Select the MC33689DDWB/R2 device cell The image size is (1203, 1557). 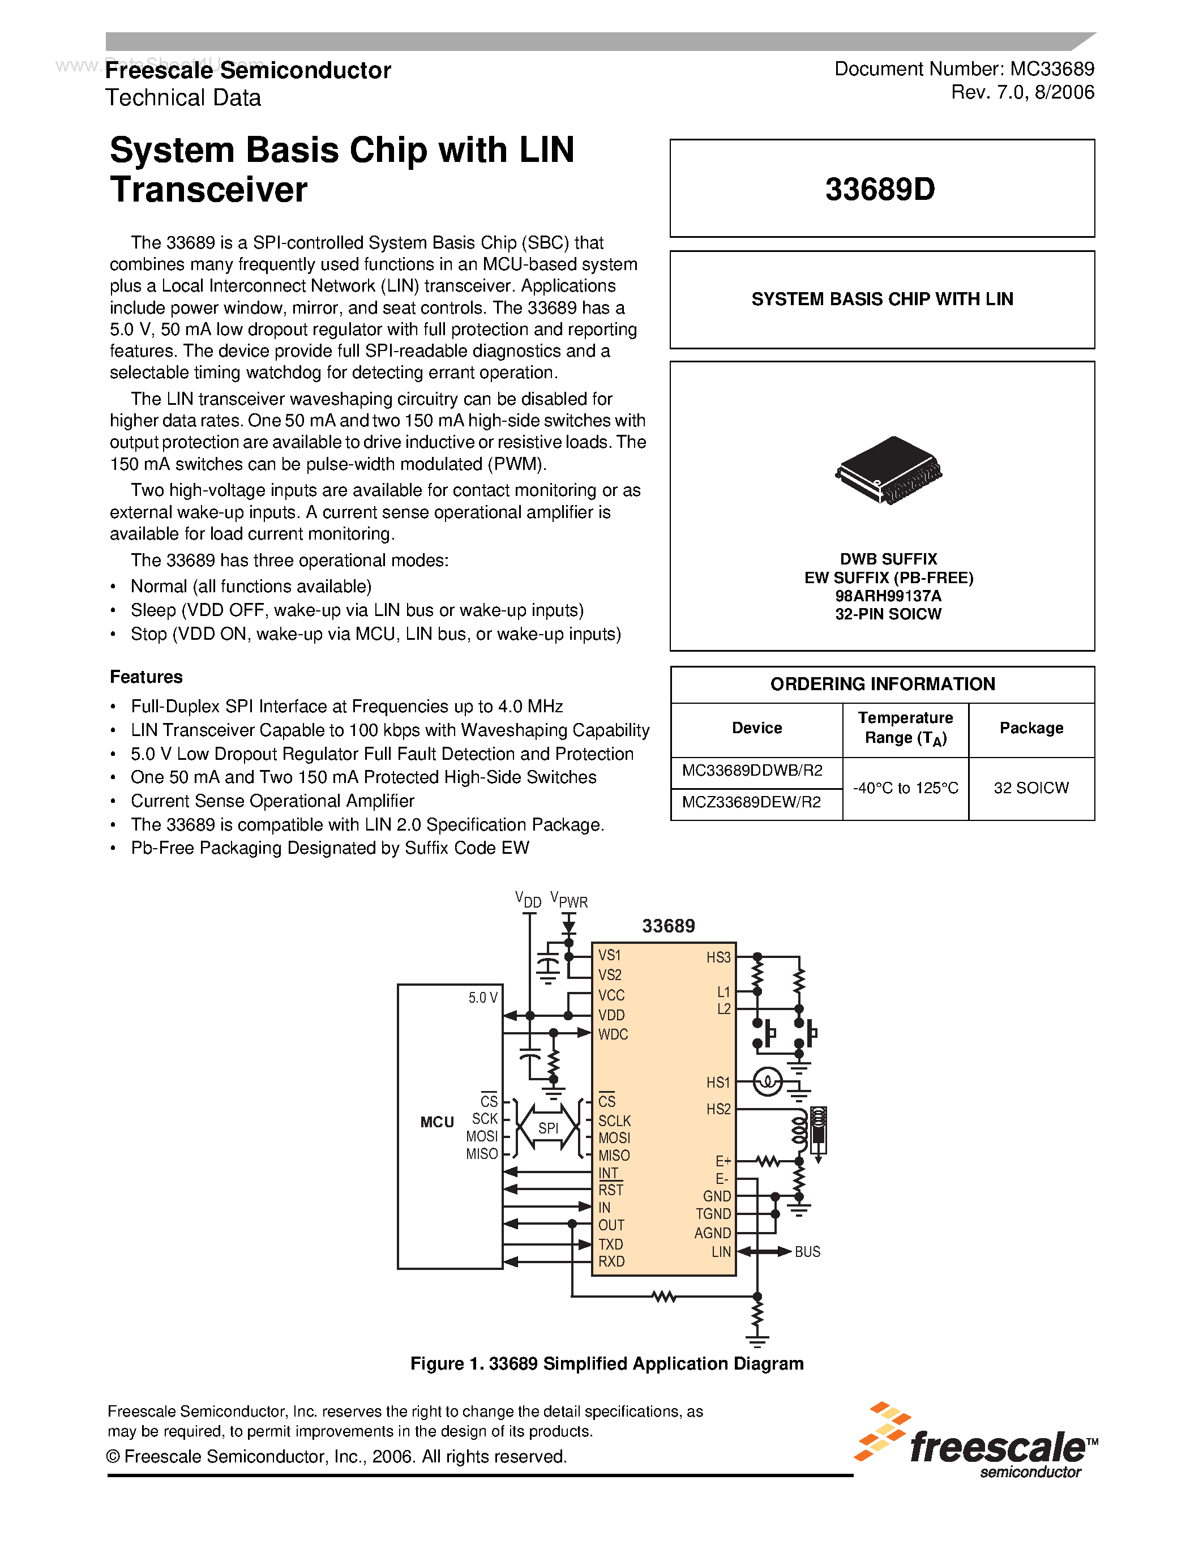(752, 771)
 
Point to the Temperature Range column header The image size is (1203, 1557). (905, 728)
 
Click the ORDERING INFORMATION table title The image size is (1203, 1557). (883, 685)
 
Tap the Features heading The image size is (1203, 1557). (146, 677)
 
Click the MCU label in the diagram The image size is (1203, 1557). (437, 1122)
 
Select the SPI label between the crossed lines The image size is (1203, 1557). (548, 1128)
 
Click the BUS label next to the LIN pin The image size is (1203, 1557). (807, 1252)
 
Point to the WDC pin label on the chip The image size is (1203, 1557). (613, 1034)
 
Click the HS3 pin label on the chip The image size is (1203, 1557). (718, 957)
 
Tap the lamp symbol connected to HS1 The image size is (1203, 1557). (767, 1082)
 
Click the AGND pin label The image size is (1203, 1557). (713, 1233)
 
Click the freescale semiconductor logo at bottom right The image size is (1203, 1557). (977, 1441)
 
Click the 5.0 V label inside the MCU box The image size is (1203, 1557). (482, 998)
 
